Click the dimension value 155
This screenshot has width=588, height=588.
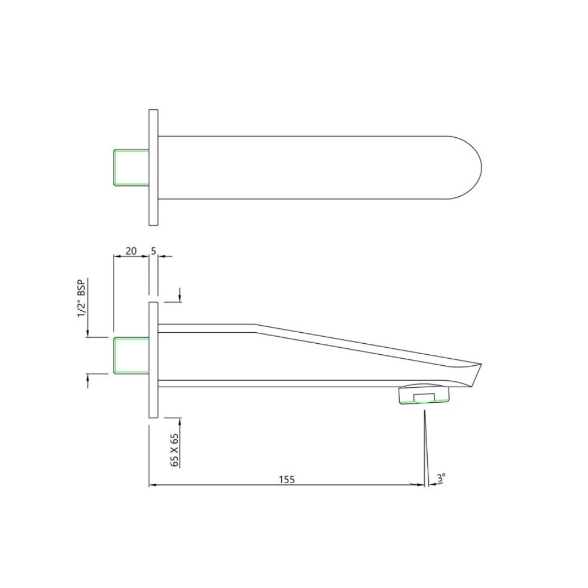pyautogui.click(x=286, y=479)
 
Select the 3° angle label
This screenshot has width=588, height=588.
pyautogui.click(x=442, y=479)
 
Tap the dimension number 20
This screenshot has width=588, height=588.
pyautogui.click(x=131, y=251)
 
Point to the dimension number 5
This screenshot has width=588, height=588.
pyautogui.click(x=153, y=251)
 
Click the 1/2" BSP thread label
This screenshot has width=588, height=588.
pyautogui.click(x=81, y=299)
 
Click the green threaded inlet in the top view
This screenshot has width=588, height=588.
pyautogui.click(x=131, y=167)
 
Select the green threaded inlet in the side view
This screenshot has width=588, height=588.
pyautogui.click(x=131, y=355)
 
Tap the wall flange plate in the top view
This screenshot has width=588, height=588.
pyautogui.click(x=153, y=167)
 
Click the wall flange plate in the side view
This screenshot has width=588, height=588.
pyautogui.click(x=153, y=359)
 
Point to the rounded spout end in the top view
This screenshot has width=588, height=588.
pyautogui.click(x=469, y=167)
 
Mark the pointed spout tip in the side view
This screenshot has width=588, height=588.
pyautogui.click(x=479, y=365)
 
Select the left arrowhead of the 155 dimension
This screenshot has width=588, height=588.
pyautogui.click(x=153, y=484)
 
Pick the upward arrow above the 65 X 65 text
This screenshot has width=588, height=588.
pyautogui.click(x=180, y=421)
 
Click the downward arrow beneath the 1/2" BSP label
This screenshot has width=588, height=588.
pyautogui.click(x=87, y=332)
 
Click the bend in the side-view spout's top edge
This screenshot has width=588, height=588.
pyautogui.click(x=255, y=325)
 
